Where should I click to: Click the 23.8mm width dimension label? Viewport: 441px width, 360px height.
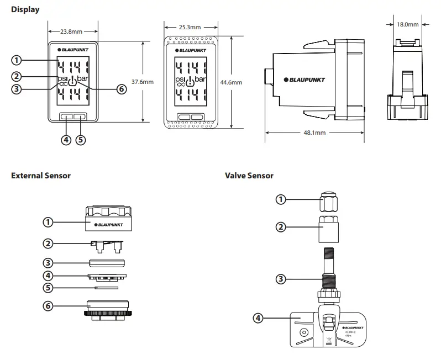(73, 31)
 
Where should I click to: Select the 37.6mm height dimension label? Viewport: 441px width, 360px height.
(142, 82)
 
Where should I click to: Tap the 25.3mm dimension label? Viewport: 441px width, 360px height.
(190, 27)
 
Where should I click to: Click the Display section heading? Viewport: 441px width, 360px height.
(25, 9)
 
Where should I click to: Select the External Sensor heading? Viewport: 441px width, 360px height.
(41, 176)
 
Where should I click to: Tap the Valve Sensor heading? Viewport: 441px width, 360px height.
(249, 176)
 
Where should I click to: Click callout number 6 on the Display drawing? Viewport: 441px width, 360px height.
(122, 89)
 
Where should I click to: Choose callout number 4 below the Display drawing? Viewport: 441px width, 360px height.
(66, 139)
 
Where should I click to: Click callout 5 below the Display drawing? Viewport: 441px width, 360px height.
(81, 139)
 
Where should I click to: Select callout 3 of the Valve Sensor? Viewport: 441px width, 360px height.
(281, 279)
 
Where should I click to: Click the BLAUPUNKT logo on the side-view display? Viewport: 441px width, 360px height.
(307, 80)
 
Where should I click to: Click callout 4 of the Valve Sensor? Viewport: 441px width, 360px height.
(258, 317)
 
